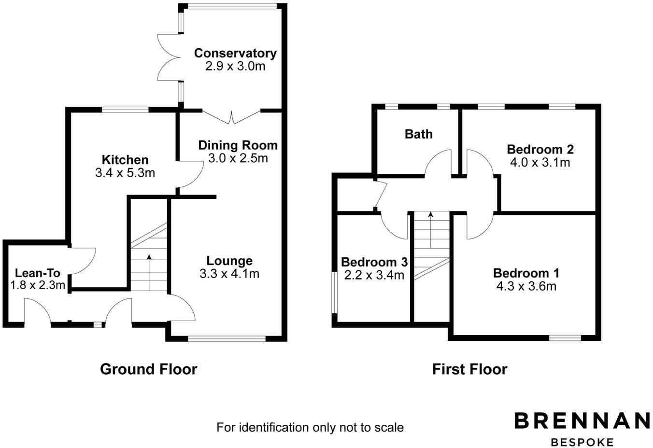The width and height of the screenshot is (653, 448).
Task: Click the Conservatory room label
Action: pos(235,53)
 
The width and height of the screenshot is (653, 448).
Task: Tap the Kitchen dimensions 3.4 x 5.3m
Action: pos(125,172)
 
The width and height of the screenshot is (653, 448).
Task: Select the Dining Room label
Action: pos(238,145)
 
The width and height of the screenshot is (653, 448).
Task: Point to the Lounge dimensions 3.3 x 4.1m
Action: pos(229,274)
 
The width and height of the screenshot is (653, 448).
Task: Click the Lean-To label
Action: pos(38,273)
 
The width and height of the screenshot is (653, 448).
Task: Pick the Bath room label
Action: pos(419,134)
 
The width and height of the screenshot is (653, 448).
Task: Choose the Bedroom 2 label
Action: pos(540,149)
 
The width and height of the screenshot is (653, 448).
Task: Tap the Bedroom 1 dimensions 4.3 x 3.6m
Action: pos(526,286)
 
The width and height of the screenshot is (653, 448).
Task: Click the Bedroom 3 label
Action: pos(374,262)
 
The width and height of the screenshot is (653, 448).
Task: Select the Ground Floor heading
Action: pos(148,369)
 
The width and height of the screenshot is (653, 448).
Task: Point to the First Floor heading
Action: pos(469,369)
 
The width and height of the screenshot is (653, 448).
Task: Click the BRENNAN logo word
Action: pos(582,420)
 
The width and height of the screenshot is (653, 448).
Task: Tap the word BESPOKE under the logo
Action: pos(582,442)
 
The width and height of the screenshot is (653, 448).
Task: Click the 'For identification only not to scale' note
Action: pos(310,427)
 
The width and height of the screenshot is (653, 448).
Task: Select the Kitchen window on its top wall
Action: pos(125,110)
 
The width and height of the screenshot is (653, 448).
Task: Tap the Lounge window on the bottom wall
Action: pos(227,338)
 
